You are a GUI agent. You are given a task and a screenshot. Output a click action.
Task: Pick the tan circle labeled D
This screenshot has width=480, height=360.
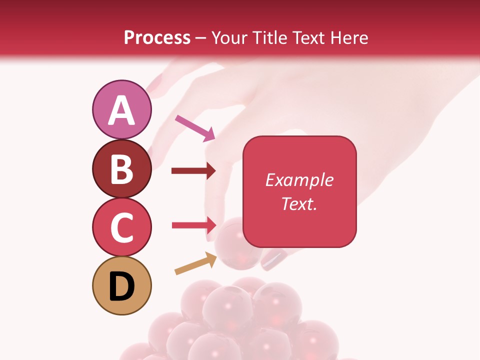click(x=121, y=285)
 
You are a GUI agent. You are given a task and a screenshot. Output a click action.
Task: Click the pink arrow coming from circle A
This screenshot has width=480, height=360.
click(x=195, y=127)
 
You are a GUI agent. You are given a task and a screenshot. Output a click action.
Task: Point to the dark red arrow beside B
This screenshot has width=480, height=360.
click(x=193, y=171)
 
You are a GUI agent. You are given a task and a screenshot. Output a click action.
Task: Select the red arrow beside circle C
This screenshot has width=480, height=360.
click(x=193, y=225)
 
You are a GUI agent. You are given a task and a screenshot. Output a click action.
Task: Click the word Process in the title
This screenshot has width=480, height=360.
click(x=157, y=37)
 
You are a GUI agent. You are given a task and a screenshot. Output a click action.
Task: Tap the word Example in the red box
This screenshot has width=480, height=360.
click(x=299, y=180)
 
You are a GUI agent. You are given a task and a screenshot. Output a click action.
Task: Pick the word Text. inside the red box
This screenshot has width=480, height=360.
click(x=299, y=203)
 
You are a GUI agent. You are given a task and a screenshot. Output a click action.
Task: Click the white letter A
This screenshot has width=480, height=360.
click(x=121, y=111)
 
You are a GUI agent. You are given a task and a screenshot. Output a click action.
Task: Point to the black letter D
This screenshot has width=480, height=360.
click(x=121, y=286)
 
